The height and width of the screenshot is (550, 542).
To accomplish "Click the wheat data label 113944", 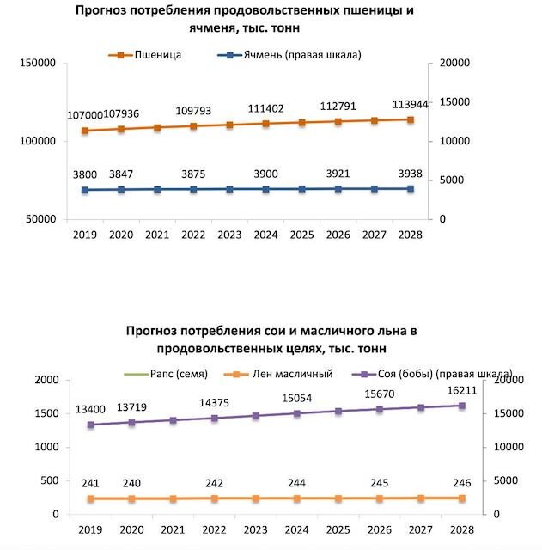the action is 411,104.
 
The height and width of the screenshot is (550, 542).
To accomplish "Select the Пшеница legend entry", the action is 145,55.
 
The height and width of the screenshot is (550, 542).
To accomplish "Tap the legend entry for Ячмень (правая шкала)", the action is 289,55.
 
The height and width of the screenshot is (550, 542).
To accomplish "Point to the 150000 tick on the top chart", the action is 38,63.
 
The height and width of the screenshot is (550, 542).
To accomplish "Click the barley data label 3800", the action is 85,174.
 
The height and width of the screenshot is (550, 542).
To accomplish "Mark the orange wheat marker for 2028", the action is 411,120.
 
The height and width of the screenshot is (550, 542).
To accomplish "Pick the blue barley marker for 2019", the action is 85,190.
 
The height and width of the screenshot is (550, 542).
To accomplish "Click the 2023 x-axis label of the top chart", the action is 229,235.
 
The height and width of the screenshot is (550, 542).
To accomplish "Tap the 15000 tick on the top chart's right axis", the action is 454,101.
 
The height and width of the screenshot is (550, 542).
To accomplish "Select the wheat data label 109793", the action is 193,111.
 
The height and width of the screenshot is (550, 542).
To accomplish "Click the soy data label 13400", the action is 90,409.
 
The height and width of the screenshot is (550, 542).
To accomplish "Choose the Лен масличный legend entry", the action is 278,374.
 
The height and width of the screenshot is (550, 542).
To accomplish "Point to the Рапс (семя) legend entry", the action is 166,374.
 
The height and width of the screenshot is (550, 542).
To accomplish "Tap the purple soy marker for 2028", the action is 462,406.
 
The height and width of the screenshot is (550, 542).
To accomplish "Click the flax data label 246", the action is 462,483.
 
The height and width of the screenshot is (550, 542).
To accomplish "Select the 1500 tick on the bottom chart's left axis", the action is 46,413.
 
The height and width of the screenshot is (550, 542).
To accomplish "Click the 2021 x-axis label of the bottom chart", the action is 173,529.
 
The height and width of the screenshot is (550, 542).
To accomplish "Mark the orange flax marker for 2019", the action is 91,498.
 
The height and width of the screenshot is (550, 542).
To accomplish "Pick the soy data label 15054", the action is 297,399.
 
